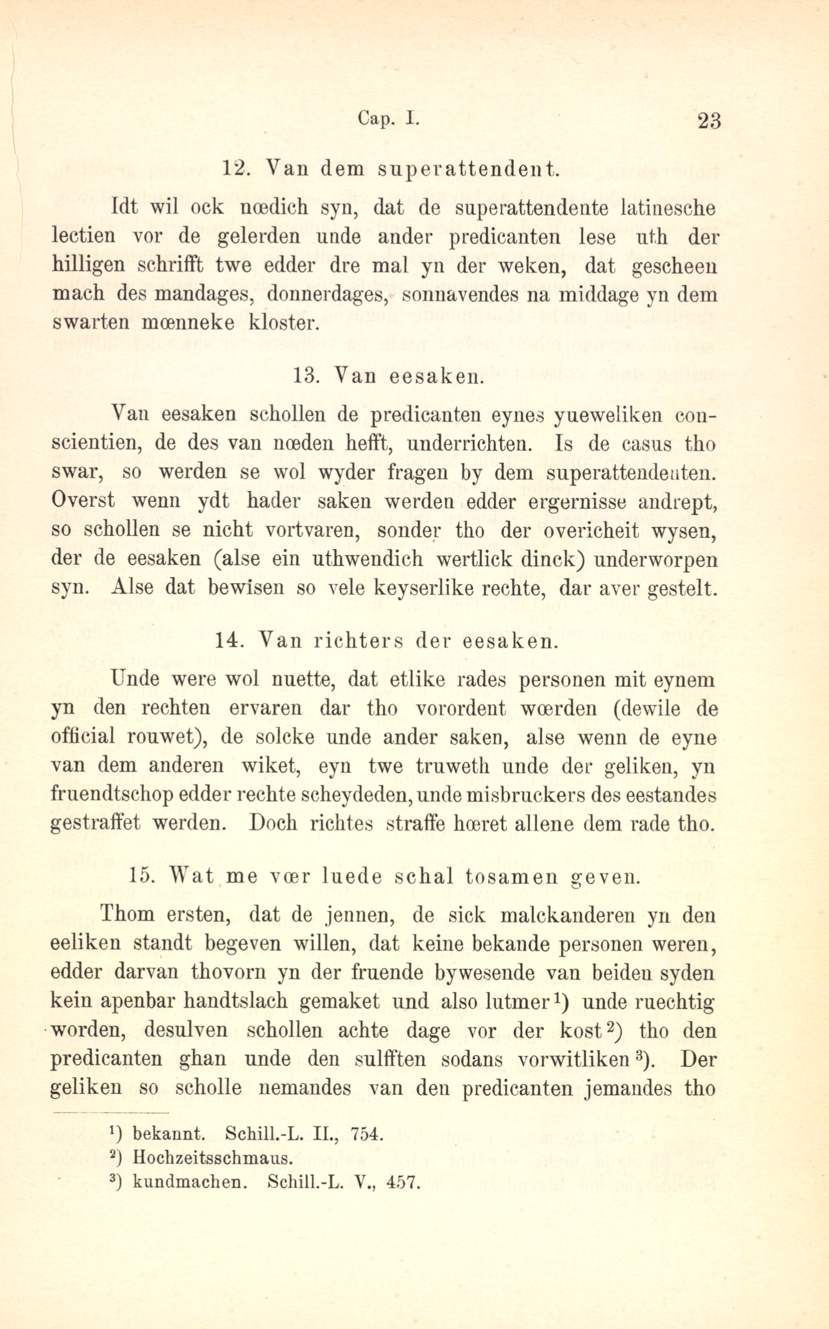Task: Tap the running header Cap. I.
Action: [388, 118]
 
